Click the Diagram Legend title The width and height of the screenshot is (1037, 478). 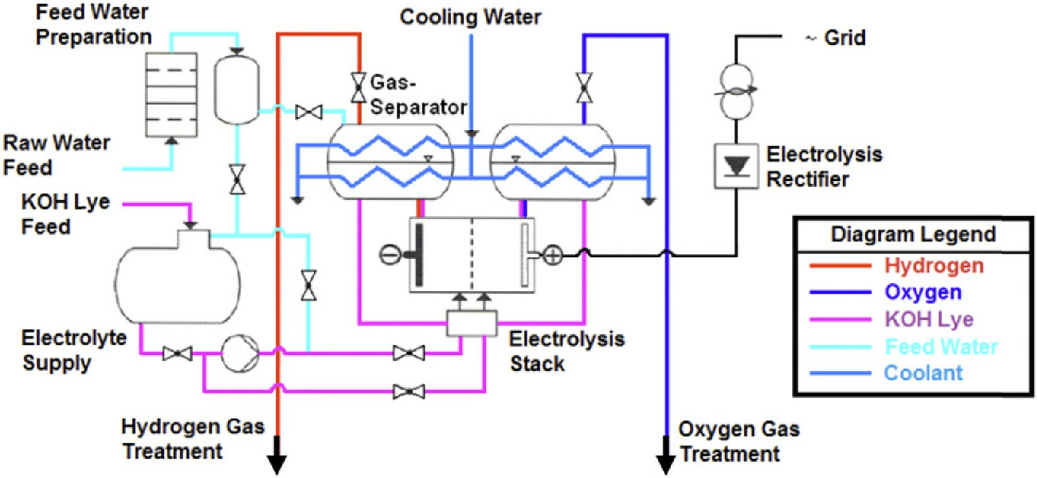point(913,234)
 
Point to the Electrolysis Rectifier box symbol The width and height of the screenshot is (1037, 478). point(736,166)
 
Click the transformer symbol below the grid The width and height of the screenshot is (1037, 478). point(736,91)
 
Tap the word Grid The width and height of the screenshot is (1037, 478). point(844,38)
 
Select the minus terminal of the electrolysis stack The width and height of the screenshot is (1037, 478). point(390,255)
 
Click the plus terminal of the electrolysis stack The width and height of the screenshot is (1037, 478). point(552,255)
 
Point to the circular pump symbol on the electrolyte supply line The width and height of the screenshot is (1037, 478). point(240,353)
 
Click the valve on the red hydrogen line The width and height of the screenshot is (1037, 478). point(358,88)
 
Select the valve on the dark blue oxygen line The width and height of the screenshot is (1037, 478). point(583,88)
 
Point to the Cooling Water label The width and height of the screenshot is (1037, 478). point(470,17)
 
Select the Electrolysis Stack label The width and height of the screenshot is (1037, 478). point(566,351)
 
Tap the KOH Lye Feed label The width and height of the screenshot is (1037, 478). point(66,214)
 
